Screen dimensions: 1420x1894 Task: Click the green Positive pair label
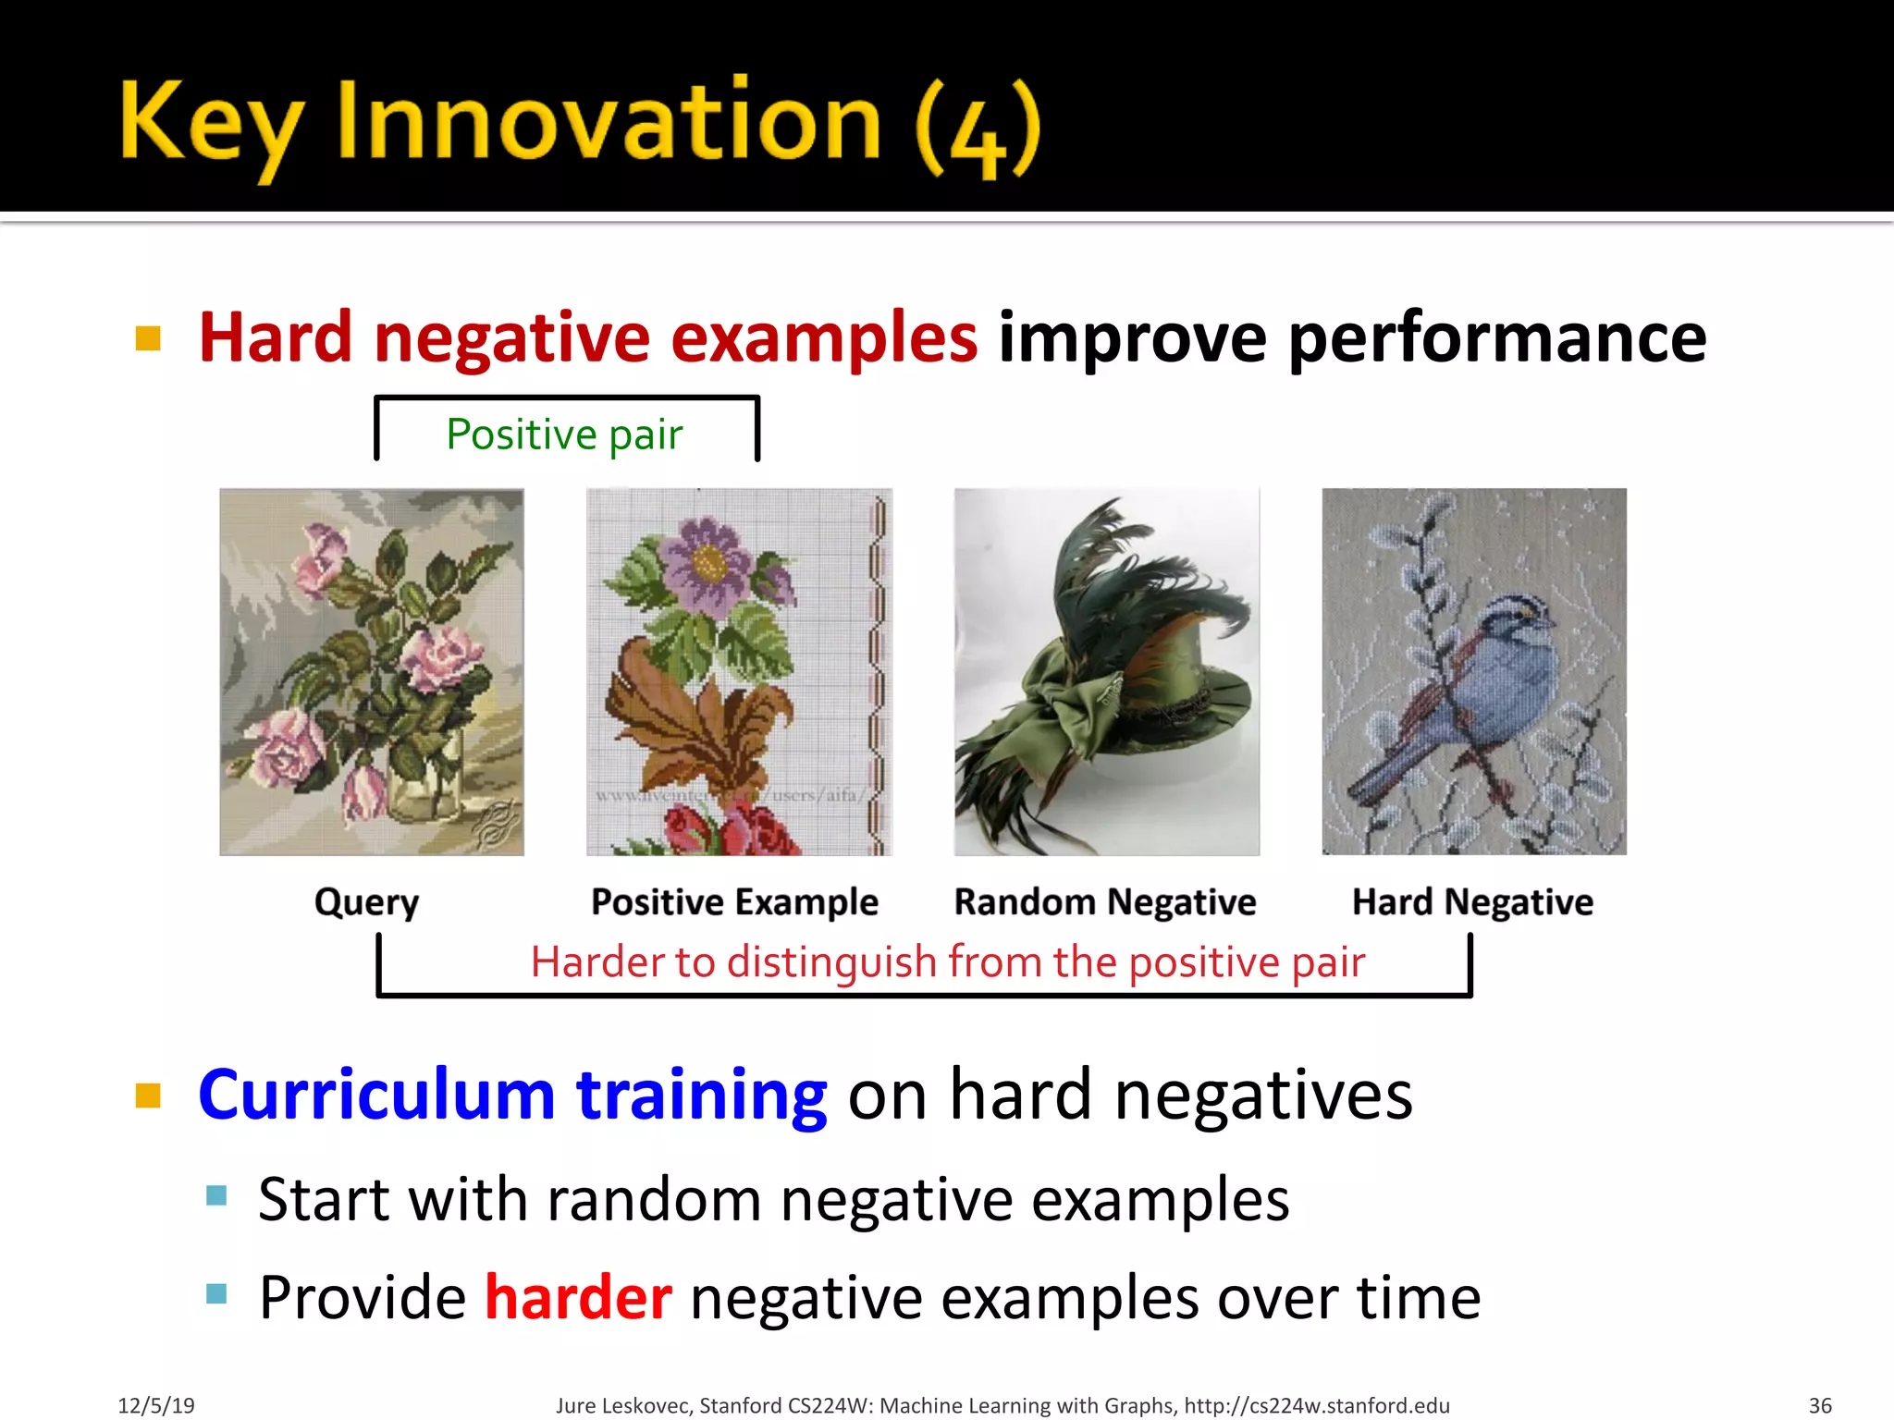click(x=564, y=435)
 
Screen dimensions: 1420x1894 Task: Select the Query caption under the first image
click(x=366, y=901)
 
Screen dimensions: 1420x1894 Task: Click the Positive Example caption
click(x=734, y=901)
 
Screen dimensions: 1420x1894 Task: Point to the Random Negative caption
click(x=1104, y=901)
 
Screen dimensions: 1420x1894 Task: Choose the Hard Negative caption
click(x=1472, y=901)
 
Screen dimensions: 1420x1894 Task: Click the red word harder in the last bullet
click(x=578, y=1297)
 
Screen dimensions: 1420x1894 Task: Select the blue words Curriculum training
click(x=512, y=1095)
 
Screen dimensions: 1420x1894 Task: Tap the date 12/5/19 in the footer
click(x=155, y=1405)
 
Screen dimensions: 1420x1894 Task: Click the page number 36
click(x=1819, y=1405)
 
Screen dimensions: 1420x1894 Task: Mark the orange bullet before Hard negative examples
click(x=148, y=338)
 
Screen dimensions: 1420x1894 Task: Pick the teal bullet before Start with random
click(x=216, y=1196)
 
